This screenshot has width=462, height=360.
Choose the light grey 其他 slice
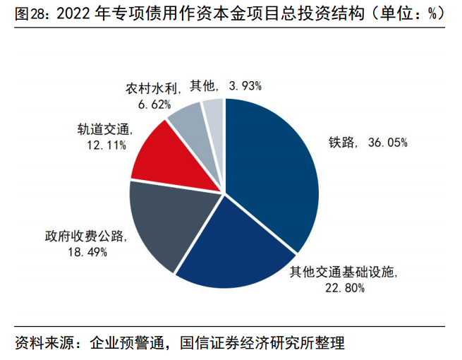(214, 113)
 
